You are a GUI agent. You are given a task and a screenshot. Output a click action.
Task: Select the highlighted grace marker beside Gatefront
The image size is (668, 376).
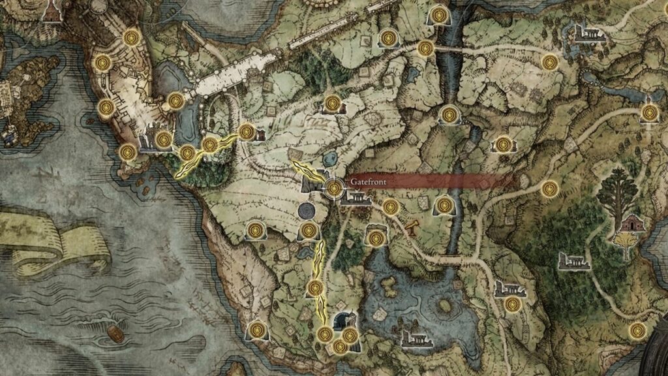[x=334, y=188]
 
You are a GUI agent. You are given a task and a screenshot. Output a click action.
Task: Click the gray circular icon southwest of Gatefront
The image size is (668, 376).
[x=305, y=211]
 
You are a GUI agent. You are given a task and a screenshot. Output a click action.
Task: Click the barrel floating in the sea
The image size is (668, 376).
[x=115, y=334]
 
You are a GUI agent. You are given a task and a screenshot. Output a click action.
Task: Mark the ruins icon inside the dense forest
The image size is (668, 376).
[x=574, y=262]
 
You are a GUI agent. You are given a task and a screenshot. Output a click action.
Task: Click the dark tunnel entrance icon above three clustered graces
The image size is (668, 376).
[x=344, y=321]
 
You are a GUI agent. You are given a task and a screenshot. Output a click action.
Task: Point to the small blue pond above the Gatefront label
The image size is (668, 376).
[x=329, y=158]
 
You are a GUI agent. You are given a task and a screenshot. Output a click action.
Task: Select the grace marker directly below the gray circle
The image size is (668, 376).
[x=309, y=230]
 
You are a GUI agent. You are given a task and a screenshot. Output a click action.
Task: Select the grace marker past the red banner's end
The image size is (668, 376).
[x=549, y=189]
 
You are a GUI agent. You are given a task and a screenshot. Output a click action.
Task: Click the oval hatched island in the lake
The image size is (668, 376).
[x=446, y=305]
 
